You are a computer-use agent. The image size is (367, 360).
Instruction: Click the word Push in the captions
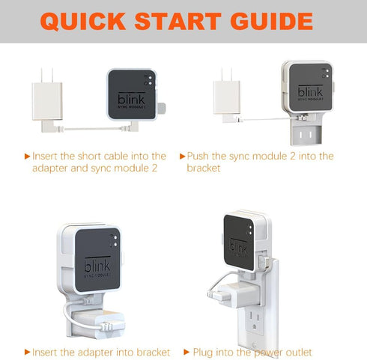pyautogui.click(x=198, y=156)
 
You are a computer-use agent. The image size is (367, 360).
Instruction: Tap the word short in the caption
pyautogui.click(x=94, y=156)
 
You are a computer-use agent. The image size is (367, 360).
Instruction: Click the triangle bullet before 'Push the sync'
pyautogui.click(x=182, y=156)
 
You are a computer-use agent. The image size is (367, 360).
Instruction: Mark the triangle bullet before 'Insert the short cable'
pyautogui.click(x=28, y=156)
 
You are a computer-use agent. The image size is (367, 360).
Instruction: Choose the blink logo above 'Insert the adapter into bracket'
pyautogui.click(x=97, y=266)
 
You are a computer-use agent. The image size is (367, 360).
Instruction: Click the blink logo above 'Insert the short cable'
pyautogui.click(x=131, y=99)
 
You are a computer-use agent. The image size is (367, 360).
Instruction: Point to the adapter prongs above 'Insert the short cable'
pyautogui.click(x=40, y=75)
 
